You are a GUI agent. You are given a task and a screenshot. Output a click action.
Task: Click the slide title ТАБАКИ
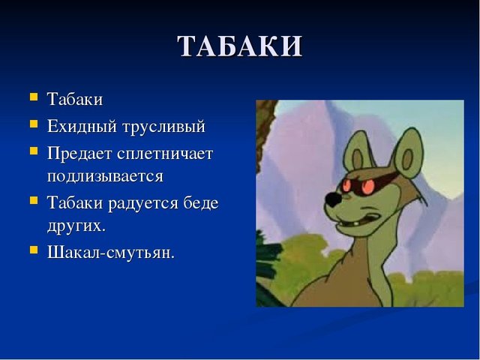[x=240, y=46]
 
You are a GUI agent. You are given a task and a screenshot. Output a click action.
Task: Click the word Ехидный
[x=82, y=126]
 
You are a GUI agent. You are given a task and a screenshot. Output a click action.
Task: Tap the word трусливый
[x=163, y=127]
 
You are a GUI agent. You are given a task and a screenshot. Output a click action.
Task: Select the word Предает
[x=79, y=153]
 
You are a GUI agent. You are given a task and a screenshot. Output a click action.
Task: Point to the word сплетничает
[x=165, y=153]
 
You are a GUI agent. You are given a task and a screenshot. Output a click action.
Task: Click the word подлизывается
[x=105, y=176]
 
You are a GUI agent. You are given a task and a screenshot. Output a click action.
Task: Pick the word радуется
[x=143, y=203]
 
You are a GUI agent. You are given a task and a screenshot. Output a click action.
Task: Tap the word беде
[x=201, y=202]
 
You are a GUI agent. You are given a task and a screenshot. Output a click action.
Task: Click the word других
[x=76, y=226]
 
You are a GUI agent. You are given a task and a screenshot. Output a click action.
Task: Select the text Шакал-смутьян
[x=111, y=253]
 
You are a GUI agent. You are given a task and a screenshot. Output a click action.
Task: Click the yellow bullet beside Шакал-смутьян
[x=34, y=250]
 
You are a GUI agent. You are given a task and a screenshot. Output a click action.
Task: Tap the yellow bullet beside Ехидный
[x=34, y=124]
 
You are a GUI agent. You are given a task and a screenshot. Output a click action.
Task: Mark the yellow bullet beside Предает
[x=34, y=151]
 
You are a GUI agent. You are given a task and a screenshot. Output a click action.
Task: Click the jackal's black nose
[x=333, y=199]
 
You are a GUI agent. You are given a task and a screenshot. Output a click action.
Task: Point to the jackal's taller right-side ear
[x=408, y=154]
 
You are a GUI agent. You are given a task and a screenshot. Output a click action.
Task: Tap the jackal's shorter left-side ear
[x=357, y=154]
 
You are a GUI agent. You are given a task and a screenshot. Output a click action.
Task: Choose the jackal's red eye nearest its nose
[x=346, y=185]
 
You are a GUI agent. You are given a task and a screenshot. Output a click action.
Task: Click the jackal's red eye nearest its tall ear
[x=368, y=187]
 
